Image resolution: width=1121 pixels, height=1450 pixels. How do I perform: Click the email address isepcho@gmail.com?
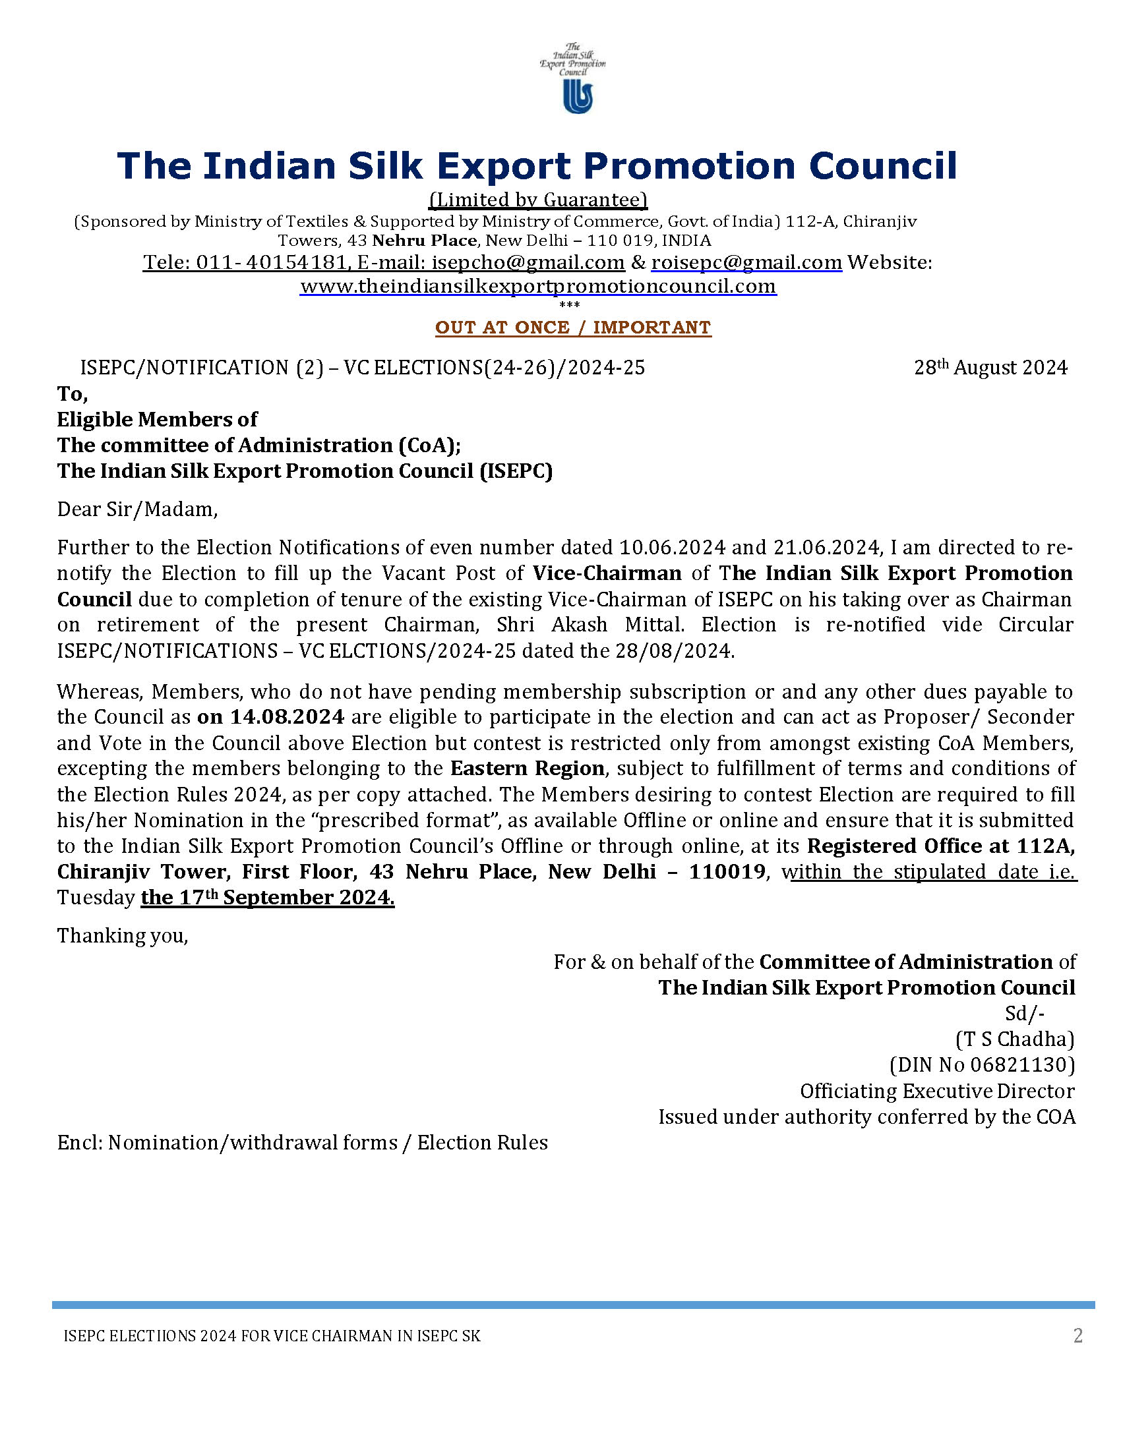click(x=528, y=263)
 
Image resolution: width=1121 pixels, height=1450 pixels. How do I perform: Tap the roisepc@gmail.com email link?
click(x=746, y=263)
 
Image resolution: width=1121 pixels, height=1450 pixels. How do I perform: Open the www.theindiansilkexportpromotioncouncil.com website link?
click(x=538, y=286)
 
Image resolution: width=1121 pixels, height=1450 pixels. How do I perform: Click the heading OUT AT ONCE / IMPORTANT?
click(x=572, y=328)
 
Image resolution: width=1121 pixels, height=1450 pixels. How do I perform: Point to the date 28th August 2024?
click(x=990, y=368)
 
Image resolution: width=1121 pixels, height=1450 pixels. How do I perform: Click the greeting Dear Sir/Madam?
click(x=136, y=509)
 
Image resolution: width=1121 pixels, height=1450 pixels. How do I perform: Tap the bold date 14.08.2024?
click(x=287, y=717)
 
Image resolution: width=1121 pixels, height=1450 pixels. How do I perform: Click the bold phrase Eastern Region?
click(x=528, y=768)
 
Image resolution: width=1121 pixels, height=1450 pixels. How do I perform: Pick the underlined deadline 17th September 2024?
click(x=268, y=898)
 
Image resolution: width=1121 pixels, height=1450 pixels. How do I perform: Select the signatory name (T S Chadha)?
click(x=1014, y=1039)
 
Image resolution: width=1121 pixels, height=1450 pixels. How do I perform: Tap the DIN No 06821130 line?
click(x=982, y=1065)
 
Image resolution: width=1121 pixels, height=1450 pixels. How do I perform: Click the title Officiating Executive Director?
click(x=936, y=1091)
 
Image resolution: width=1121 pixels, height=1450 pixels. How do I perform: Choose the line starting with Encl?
click(x=302, y=1143)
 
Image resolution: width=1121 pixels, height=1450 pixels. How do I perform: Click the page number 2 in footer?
click(x=1078, y=1335)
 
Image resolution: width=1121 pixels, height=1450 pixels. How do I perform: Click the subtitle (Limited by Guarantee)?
click(x=538, y=200)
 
